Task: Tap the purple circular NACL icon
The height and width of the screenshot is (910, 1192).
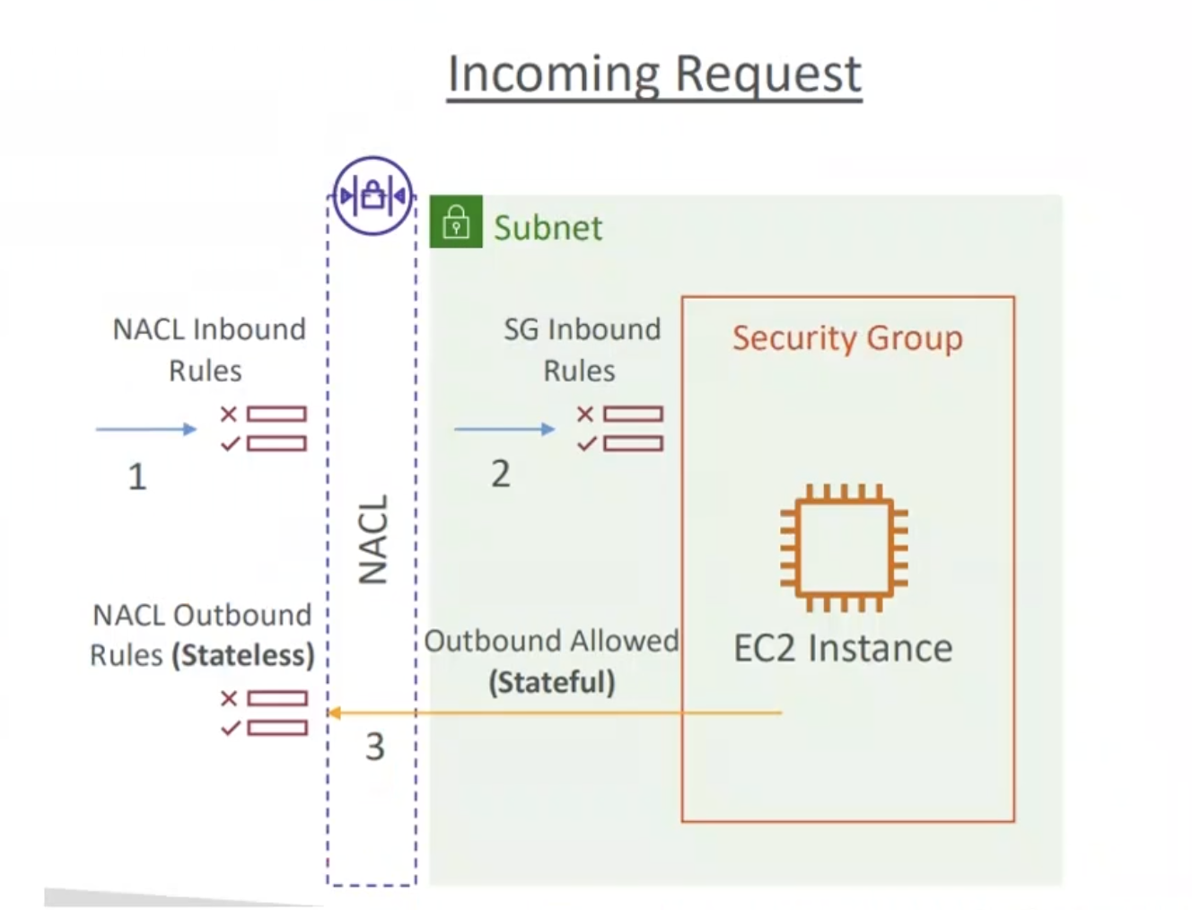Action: click(372, 196)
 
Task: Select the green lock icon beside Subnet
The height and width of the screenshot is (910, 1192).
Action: click(456, 222)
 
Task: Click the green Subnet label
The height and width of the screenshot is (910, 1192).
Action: click(548, 228)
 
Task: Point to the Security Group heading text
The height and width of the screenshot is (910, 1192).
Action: click(847, 338)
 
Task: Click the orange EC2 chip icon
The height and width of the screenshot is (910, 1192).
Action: click(844, 547)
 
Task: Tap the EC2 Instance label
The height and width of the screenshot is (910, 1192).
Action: click(843, 648)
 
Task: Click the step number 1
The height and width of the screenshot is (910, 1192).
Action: click(136, 477)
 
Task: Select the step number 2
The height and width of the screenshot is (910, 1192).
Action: click(500, 474)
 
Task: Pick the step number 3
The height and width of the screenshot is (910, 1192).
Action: click(374, 747)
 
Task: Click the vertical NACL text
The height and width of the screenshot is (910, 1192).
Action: click(373, 539)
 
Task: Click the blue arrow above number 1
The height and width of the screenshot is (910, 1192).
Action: click(145, 429)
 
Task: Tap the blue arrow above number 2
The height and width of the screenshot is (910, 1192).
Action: click(504, 429)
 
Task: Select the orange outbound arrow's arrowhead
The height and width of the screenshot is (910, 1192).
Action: click(333, 713)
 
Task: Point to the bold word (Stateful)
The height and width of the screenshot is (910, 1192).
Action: click(552, 682)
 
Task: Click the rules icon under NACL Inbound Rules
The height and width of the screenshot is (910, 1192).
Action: click(264, 428)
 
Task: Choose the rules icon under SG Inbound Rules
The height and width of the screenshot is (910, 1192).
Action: click(620, 428)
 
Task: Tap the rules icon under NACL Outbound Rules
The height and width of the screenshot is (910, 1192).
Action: click(264, 713)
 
